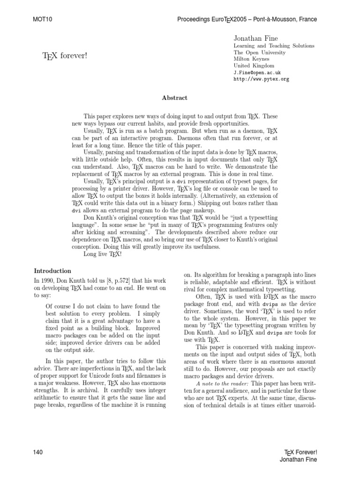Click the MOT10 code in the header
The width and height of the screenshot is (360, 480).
pyautogui.click(x=42, y=20)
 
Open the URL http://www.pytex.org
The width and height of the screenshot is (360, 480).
pyautogui.click(x=261, y=80)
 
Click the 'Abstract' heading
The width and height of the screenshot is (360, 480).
pyautogui.click(x=174, y=98)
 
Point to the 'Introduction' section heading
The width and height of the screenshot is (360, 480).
pyautogui.click(x=52, y=271)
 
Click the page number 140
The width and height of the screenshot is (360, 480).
pyautogui.click(x=38, y=452)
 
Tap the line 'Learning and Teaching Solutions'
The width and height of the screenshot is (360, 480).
pyautogui.click(x=274, y=46)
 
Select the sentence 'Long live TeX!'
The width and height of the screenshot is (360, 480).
pyautogui.click(x=102, y=254)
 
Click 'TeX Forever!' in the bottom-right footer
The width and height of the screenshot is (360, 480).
pyautogui.click(x=301, y=452)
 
